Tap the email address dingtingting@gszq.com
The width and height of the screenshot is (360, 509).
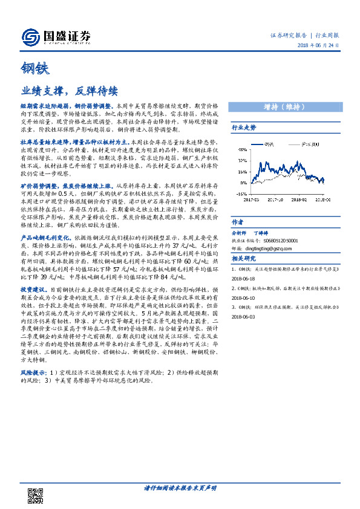281,248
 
